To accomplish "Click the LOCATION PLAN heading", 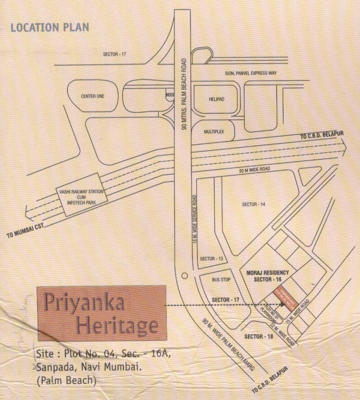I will click(x=50, y=27).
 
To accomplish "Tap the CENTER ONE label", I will click(x=92, y=96).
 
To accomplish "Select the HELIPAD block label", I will click(x=216, y=99).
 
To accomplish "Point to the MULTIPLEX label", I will click(x=215, y=132).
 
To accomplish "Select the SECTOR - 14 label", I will click(x=253, y=204).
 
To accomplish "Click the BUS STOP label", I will click(x=221, y=280).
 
